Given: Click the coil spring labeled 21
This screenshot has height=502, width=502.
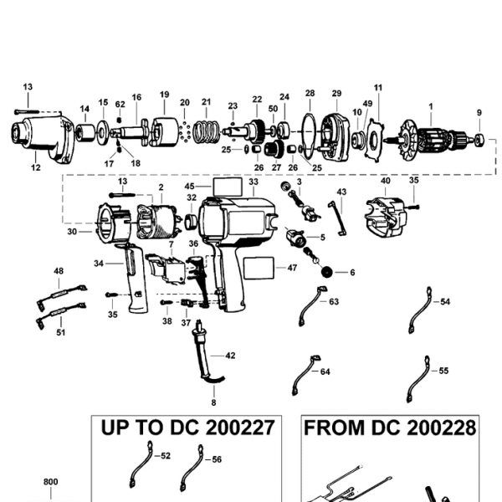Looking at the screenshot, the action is [x=207, y=132].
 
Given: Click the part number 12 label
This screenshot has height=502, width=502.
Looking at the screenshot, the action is [x=36, y=167].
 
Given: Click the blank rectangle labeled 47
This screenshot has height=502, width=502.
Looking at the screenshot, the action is [x=259, y=268].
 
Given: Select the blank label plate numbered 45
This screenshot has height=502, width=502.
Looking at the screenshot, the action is [x=228, y=187].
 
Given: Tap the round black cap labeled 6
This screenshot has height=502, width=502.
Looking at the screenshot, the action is [x=326, y=272].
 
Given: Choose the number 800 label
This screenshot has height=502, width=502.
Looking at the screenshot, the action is [x=50, y=482].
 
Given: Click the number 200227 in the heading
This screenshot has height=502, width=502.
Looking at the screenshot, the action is [x=240, y=428].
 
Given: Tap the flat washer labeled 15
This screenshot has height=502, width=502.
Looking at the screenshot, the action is [x=103, y=131].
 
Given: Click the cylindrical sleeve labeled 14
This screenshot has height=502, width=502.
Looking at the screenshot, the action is [x=85, y=133].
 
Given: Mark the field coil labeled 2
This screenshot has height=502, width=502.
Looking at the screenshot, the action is [x=157, y=222].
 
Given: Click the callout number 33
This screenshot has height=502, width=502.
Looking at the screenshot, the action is [x=254, y=182].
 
